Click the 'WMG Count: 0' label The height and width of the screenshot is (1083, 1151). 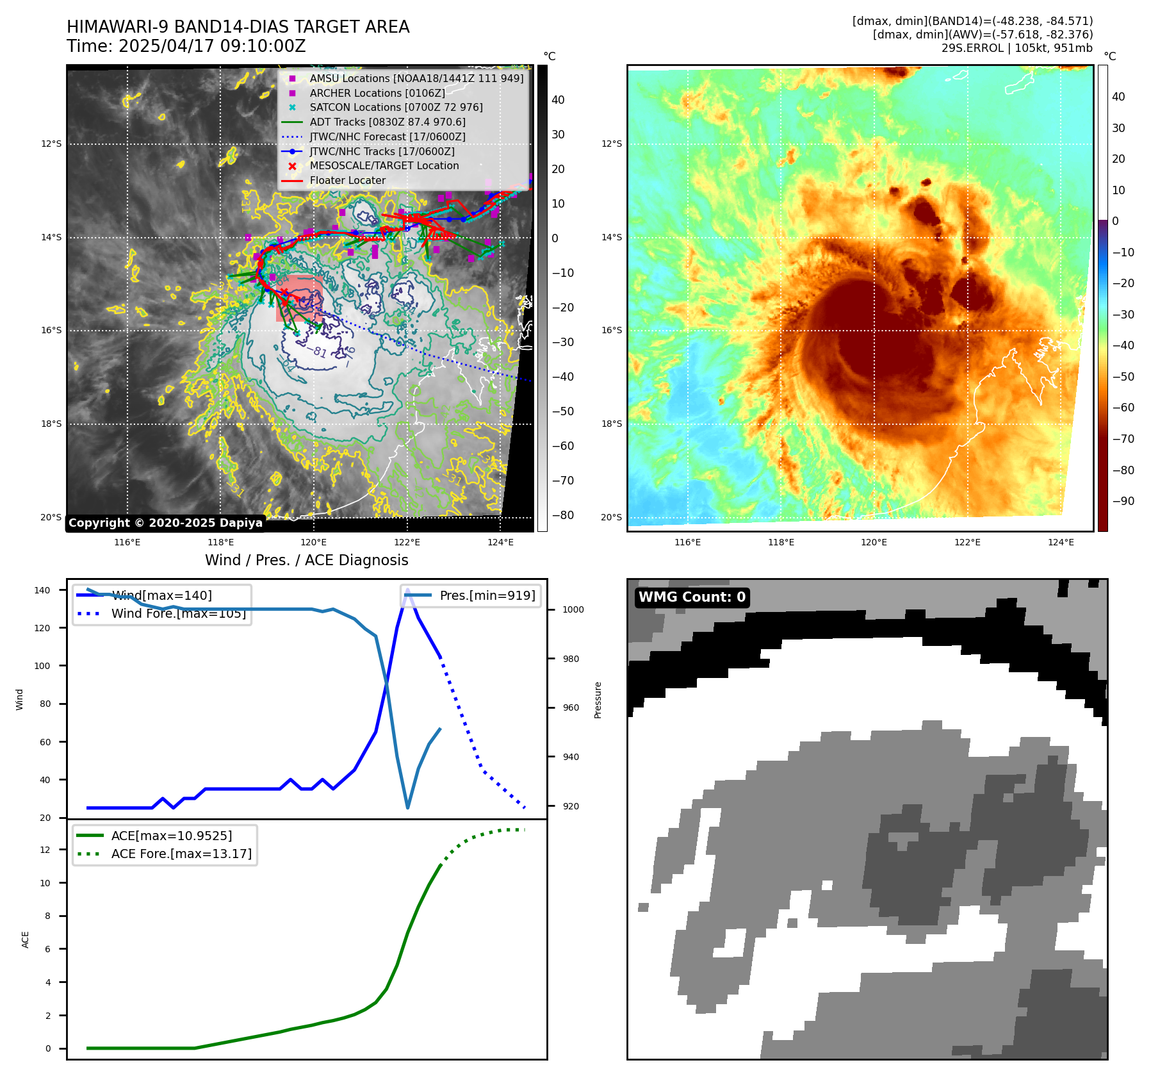click(692, 597)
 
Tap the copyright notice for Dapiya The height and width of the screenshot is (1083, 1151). click(165, 523)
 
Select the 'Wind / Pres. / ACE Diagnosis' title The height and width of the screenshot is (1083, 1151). click(306, 560)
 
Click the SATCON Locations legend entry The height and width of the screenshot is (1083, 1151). click(396, 108)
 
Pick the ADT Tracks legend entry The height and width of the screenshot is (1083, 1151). click(388, 122)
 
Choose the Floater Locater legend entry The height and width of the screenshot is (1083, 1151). click(347, 181)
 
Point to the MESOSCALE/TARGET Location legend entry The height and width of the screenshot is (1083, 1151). click(384, 166)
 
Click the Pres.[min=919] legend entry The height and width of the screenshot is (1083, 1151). click(487, 595)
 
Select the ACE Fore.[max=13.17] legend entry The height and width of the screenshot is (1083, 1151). click(181, 854)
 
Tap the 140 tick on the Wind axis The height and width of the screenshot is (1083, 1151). click(42, 590)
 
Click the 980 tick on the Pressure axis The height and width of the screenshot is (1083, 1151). click(573, 659)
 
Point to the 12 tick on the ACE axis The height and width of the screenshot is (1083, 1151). click(45, 850)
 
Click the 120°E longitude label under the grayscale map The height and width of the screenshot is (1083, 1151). click(314, 542)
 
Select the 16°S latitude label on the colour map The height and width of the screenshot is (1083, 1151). click(611, 331)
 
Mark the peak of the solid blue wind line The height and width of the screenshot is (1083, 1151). click(407, 590)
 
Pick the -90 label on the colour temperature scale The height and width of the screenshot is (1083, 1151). click(1123, 501)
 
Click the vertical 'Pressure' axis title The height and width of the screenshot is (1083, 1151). click(598, 700)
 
